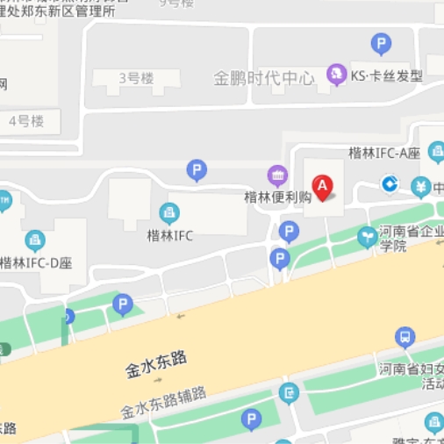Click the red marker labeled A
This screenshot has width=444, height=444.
(323, 187)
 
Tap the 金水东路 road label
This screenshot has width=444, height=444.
(156, 365)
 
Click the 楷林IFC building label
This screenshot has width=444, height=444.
(169, 235)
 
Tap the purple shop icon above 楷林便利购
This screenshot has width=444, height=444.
(277, 175)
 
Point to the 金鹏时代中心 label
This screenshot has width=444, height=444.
(263, 78)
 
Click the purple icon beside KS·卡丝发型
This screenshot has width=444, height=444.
(335, 75)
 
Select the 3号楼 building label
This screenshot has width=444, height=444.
(136, 80)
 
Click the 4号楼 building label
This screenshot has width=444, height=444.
(26, 121)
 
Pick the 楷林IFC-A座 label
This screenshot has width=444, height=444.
(384, 153)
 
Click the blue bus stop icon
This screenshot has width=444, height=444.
(405, 336)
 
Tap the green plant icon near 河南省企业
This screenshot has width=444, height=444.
(366, 235)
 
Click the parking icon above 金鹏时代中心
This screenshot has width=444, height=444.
(380, 43)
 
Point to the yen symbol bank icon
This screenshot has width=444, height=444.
(422, 186)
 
